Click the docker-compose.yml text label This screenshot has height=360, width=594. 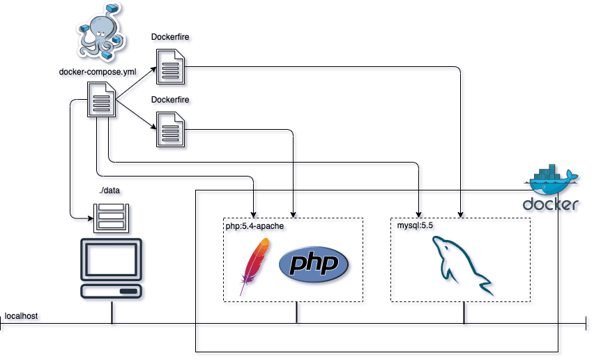coord(97,72)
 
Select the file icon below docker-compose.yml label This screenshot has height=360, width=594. coord(101,100)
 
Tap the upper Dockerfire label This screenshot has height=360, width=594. coord(170,36)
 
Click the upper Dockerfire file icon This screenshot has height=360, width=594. coord(171,68)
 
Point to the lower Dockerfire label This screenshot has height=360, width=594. coord(170,100)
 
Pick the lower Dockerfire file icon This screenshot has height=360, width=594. coord(171,131)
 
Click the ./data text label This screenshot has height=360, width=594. coord(111,190)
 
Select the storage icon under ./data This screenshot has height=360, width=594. coord(112,218)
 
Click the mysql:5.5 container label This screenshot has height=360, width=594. coord(413,226)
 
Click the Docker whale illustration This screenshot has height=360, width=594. coord(552,181)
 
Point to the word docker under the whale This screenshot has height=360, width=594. coord(550,204)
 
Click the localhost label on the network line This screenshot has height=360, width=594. coord(21,317)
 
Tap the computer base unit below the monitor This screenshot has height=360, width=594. coord(112,291)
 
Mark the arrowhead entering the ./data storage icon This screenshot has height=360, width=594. coord(90,217)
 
